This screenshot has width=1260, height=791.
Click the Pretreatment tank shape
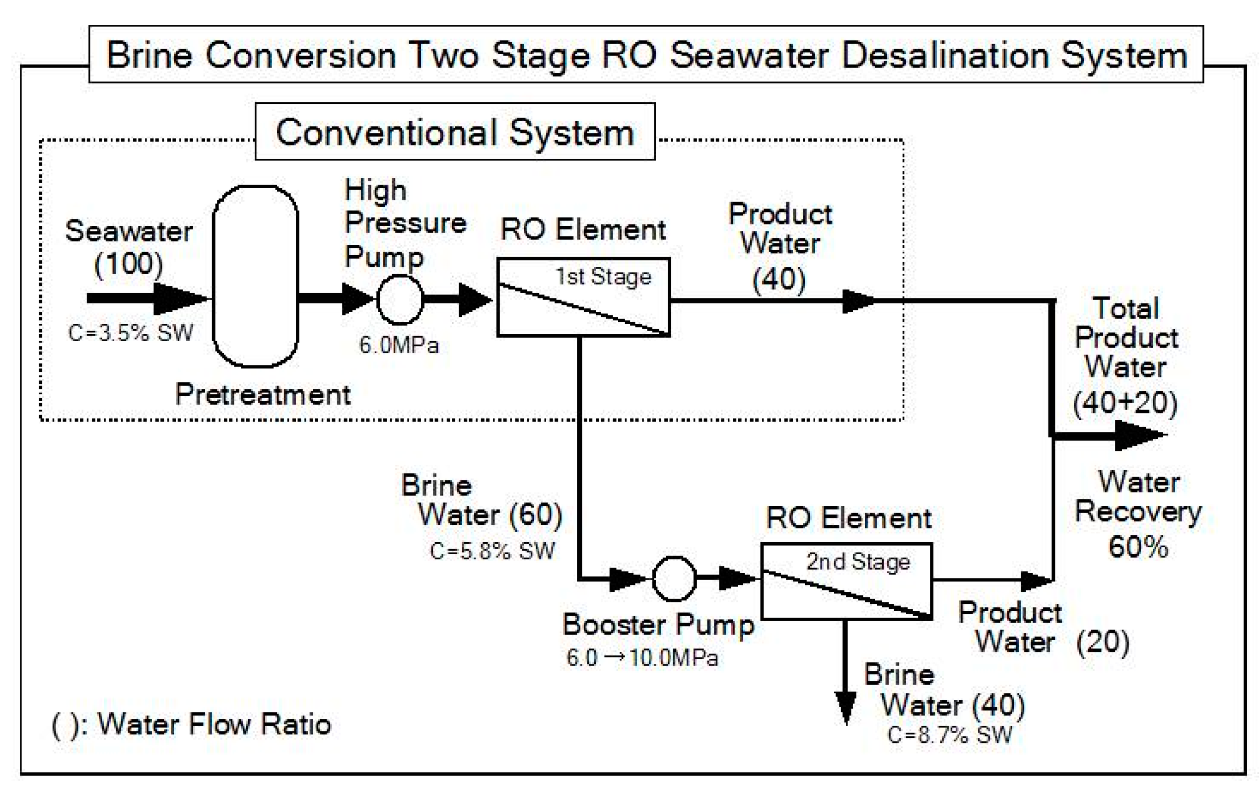255,276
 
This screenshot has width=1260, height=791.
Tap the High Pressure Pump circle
400,300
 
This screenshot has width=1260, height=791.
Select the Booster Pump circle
674,578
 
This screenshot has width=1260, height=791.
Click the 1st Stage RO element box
583,296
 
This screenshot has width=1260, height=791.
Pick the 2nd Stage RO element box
846,581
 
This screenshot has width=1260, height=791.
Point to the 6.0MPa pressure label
399,345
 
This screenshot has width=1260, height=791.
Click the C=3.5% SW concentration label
131,333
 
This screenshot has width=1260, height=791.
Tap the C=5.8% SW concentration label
491,551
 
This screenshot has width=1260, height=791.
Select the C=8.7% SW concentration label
949,735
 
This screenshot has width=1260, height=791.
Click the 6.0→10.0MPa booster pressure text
642,657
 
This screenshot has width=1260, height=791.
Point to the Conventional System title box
455,132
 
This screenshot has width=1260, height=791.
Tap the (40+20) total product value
1125,403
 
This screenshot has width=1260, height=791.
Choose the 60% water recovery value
1137,547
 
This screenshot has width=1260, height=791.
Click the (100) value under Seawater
129,263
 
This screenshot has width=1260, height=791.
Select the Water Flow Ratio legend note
191,724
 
